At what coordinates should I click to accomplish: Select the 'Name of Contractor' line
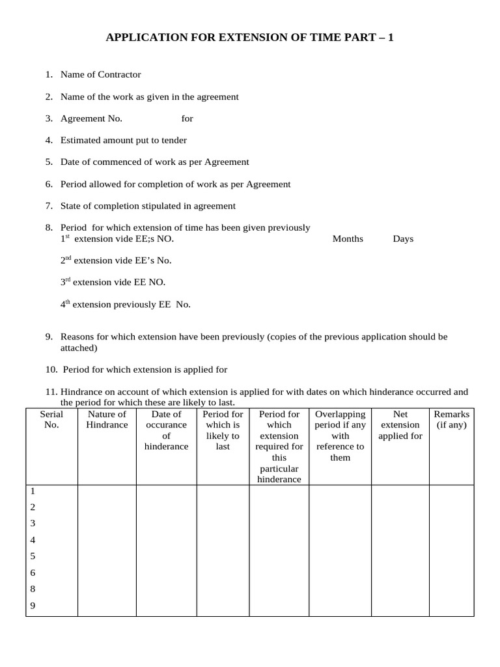tap(100, 74)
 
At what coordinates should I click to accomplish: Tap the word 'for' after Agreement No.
tap(187, 119)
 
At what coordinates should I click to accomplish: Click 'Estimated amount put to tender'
tap(123, 140)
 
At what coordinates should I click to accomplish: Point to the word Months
tap(348, 239)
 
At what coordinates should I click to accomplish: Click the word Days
tap(403, 239)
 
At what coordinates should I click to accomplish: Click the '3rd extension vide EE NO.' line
tap(113, 282)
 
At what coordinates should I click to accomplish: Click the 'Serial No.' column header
tap(51, 419)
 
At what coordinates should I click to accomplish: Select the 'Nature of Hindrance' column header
tap(107, 419)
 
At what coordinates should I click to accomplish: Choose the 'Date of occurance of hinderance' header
tap(166, 430)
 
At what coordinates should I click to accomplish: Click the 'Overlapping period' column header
tap(340, 436)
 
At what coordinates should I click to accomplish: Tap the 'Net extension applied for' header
tap(400, 425)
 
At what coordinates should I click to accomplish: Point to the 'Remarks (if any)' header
tap(451, 419)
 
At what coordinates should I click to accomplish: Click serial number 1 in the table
tap(33, 491)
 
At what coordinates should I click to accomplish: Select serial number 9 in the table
tap(33, 606)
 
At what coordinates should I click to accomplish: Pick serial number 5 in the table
tap(33, 556)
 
